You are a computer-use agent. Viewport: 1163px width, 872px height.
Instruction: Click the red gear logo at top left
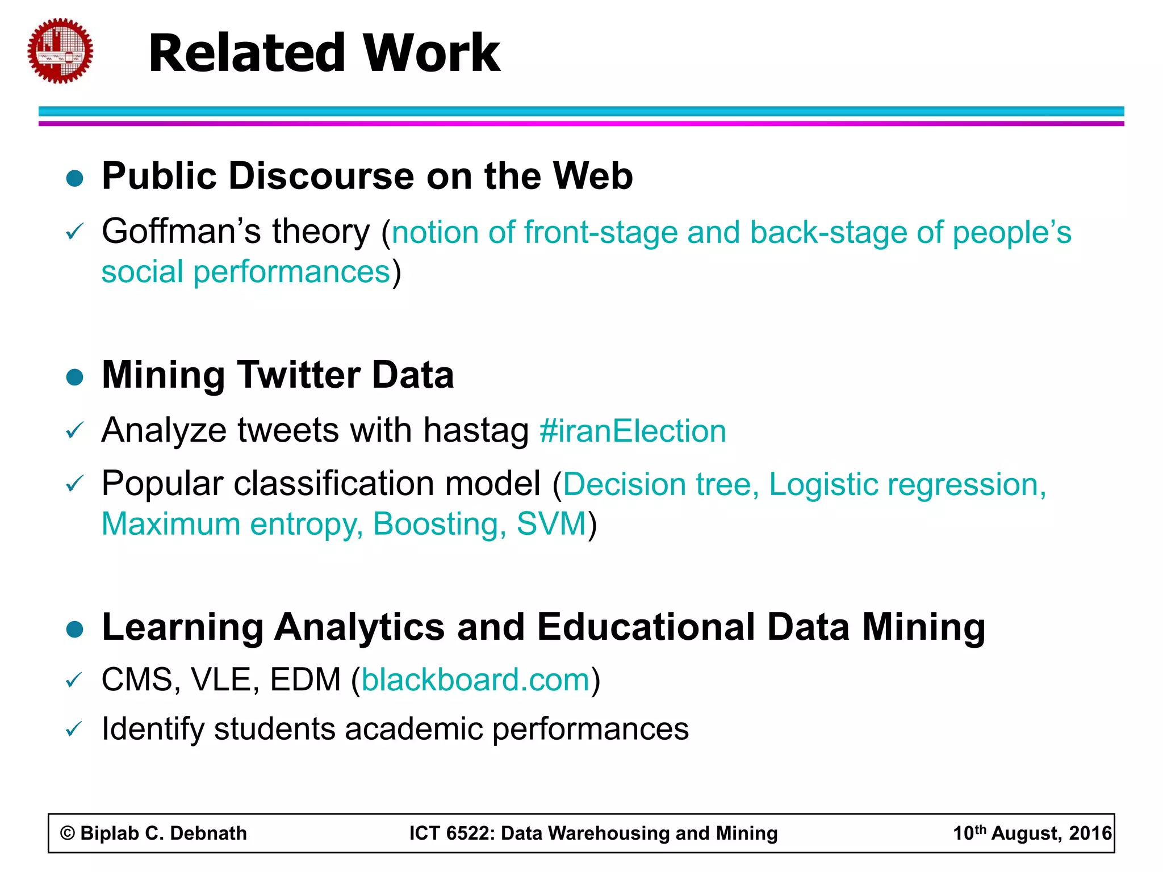pyautogui.click(x=60, y=51)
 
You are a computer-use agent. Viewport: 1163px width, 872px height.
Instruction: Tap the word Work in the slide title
pyautogui.click(x=431, y=53)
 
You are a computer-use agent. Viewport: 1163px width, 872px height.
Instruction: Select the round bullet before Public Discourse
pyautogui.click(x=75, y=178)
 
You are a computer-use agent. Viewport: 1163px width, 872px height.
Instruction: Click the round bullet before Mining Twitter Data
pyautogui.click(x=75, y=377)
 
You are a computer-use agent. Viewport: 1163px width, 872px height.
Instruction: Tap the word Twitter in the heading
pyautogui.click(x=299, y=375)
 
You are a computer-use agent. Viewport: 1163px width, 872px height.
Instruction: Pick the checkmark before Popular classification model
pyautogui.click(x=74, y=484)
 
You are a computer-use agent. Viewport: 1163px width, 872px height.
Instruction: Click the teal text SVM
pyautogui.click(x=551, y=524)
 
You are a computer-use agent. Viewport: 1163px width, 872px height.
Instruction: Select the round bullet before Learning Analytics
pyautogui.click(x=75, y=629)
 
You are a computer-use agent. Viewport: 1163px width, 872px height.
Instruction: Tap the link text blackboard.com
pyautogui.click(x=476, y=680)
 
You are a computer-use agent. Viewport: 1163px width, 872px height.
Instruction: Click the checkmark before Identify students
pyautogui.click(x=74, y=729)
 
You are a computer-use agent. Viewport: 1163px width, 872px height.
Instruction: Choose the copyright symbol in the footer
pyautogui.click(x=68, y=833)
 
